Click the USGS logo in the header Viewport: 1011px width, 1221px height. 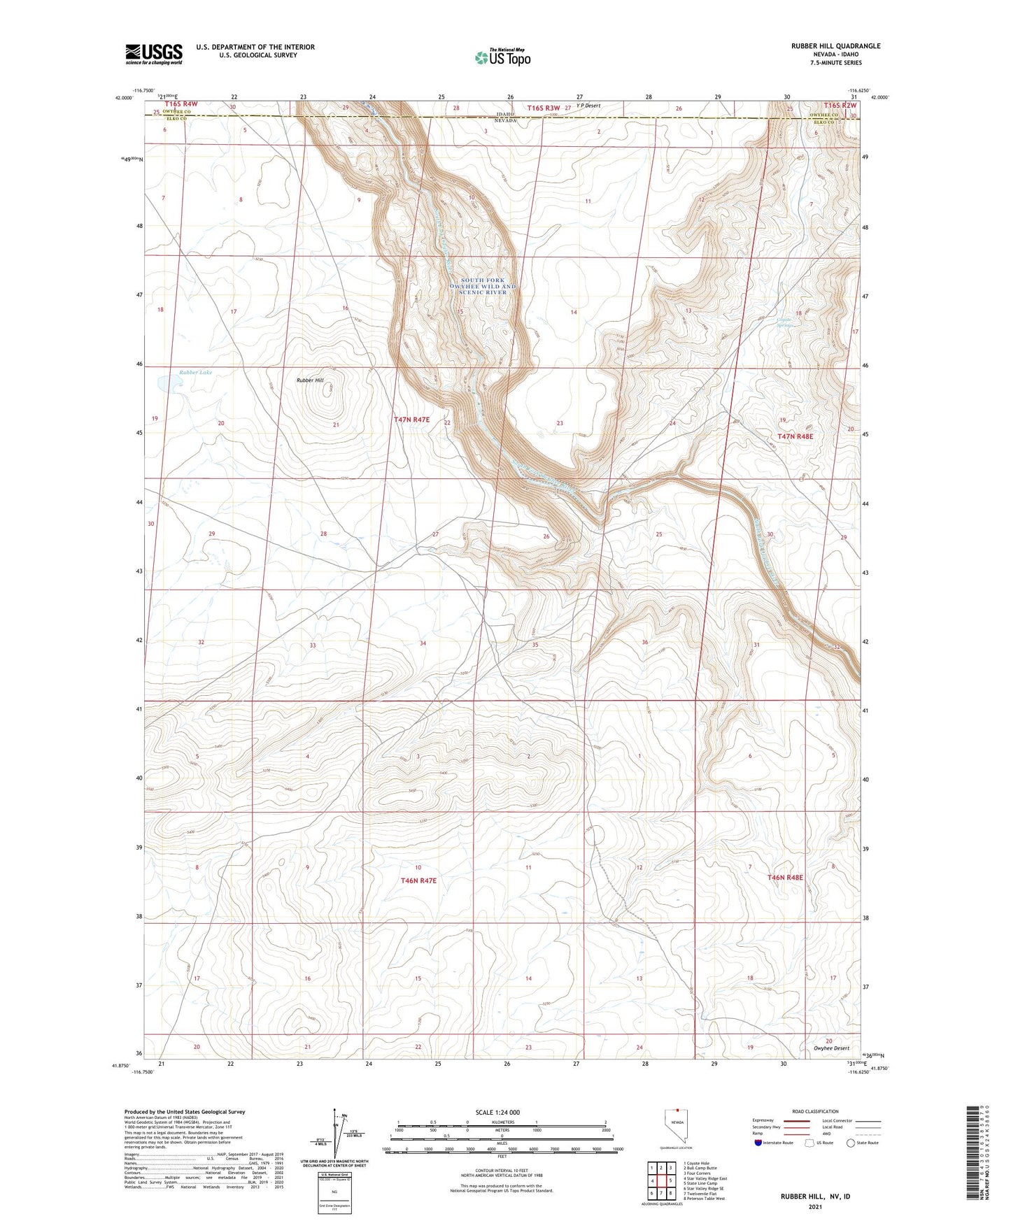tap(153, 54)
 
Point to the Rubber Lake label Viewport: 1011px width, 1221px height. tap(195, 373)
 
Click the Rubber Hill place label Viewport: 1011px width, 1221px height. tap(310, 380)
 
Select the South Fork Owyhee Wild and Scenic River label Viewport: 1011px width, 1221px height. tap(483, 285)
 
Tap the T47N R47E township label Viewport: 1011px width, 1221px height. tap(411, 420)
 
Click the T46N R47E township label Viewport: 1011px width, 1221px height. tap(418, 880)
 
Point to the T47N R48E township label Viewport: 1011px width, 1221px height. tap(796, 436)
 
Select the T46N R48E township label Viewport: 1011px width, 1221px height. tap(785, 877)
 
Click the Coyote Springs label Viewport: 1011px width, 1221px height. tap(786, 322)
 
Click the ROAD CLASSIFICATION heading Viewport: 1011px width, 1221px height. tap(815, 1111)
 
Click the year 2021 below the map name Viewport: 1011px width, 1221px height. tap(814, 1207)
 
